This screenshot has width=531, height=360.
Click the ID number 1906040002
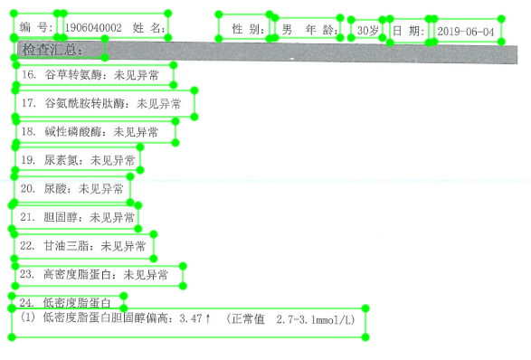tap(93, 29)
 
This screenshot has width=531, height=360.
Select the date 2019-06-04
tap(468, 32)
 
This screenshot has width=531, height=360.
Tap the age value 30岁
tap(368, 31)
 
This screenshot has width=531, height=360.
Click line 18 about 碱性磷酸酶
tap(95, 132)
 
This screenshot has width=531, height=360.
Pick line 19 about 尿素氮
tap(77, 160)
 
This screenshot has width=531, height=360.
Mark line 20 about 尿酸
tap(71, 189)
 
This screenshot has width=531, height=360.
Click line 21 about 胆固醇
tap(77, 218)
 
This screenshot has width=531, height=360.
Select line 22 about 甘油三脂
tap(82, 245)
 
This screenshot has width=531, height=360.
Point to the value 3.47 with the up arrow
tap(195, 319)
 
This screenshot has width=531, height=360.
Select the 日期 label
tap(407, 32)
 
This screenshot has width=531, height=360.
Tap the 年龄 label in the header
tap(321, 31)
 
